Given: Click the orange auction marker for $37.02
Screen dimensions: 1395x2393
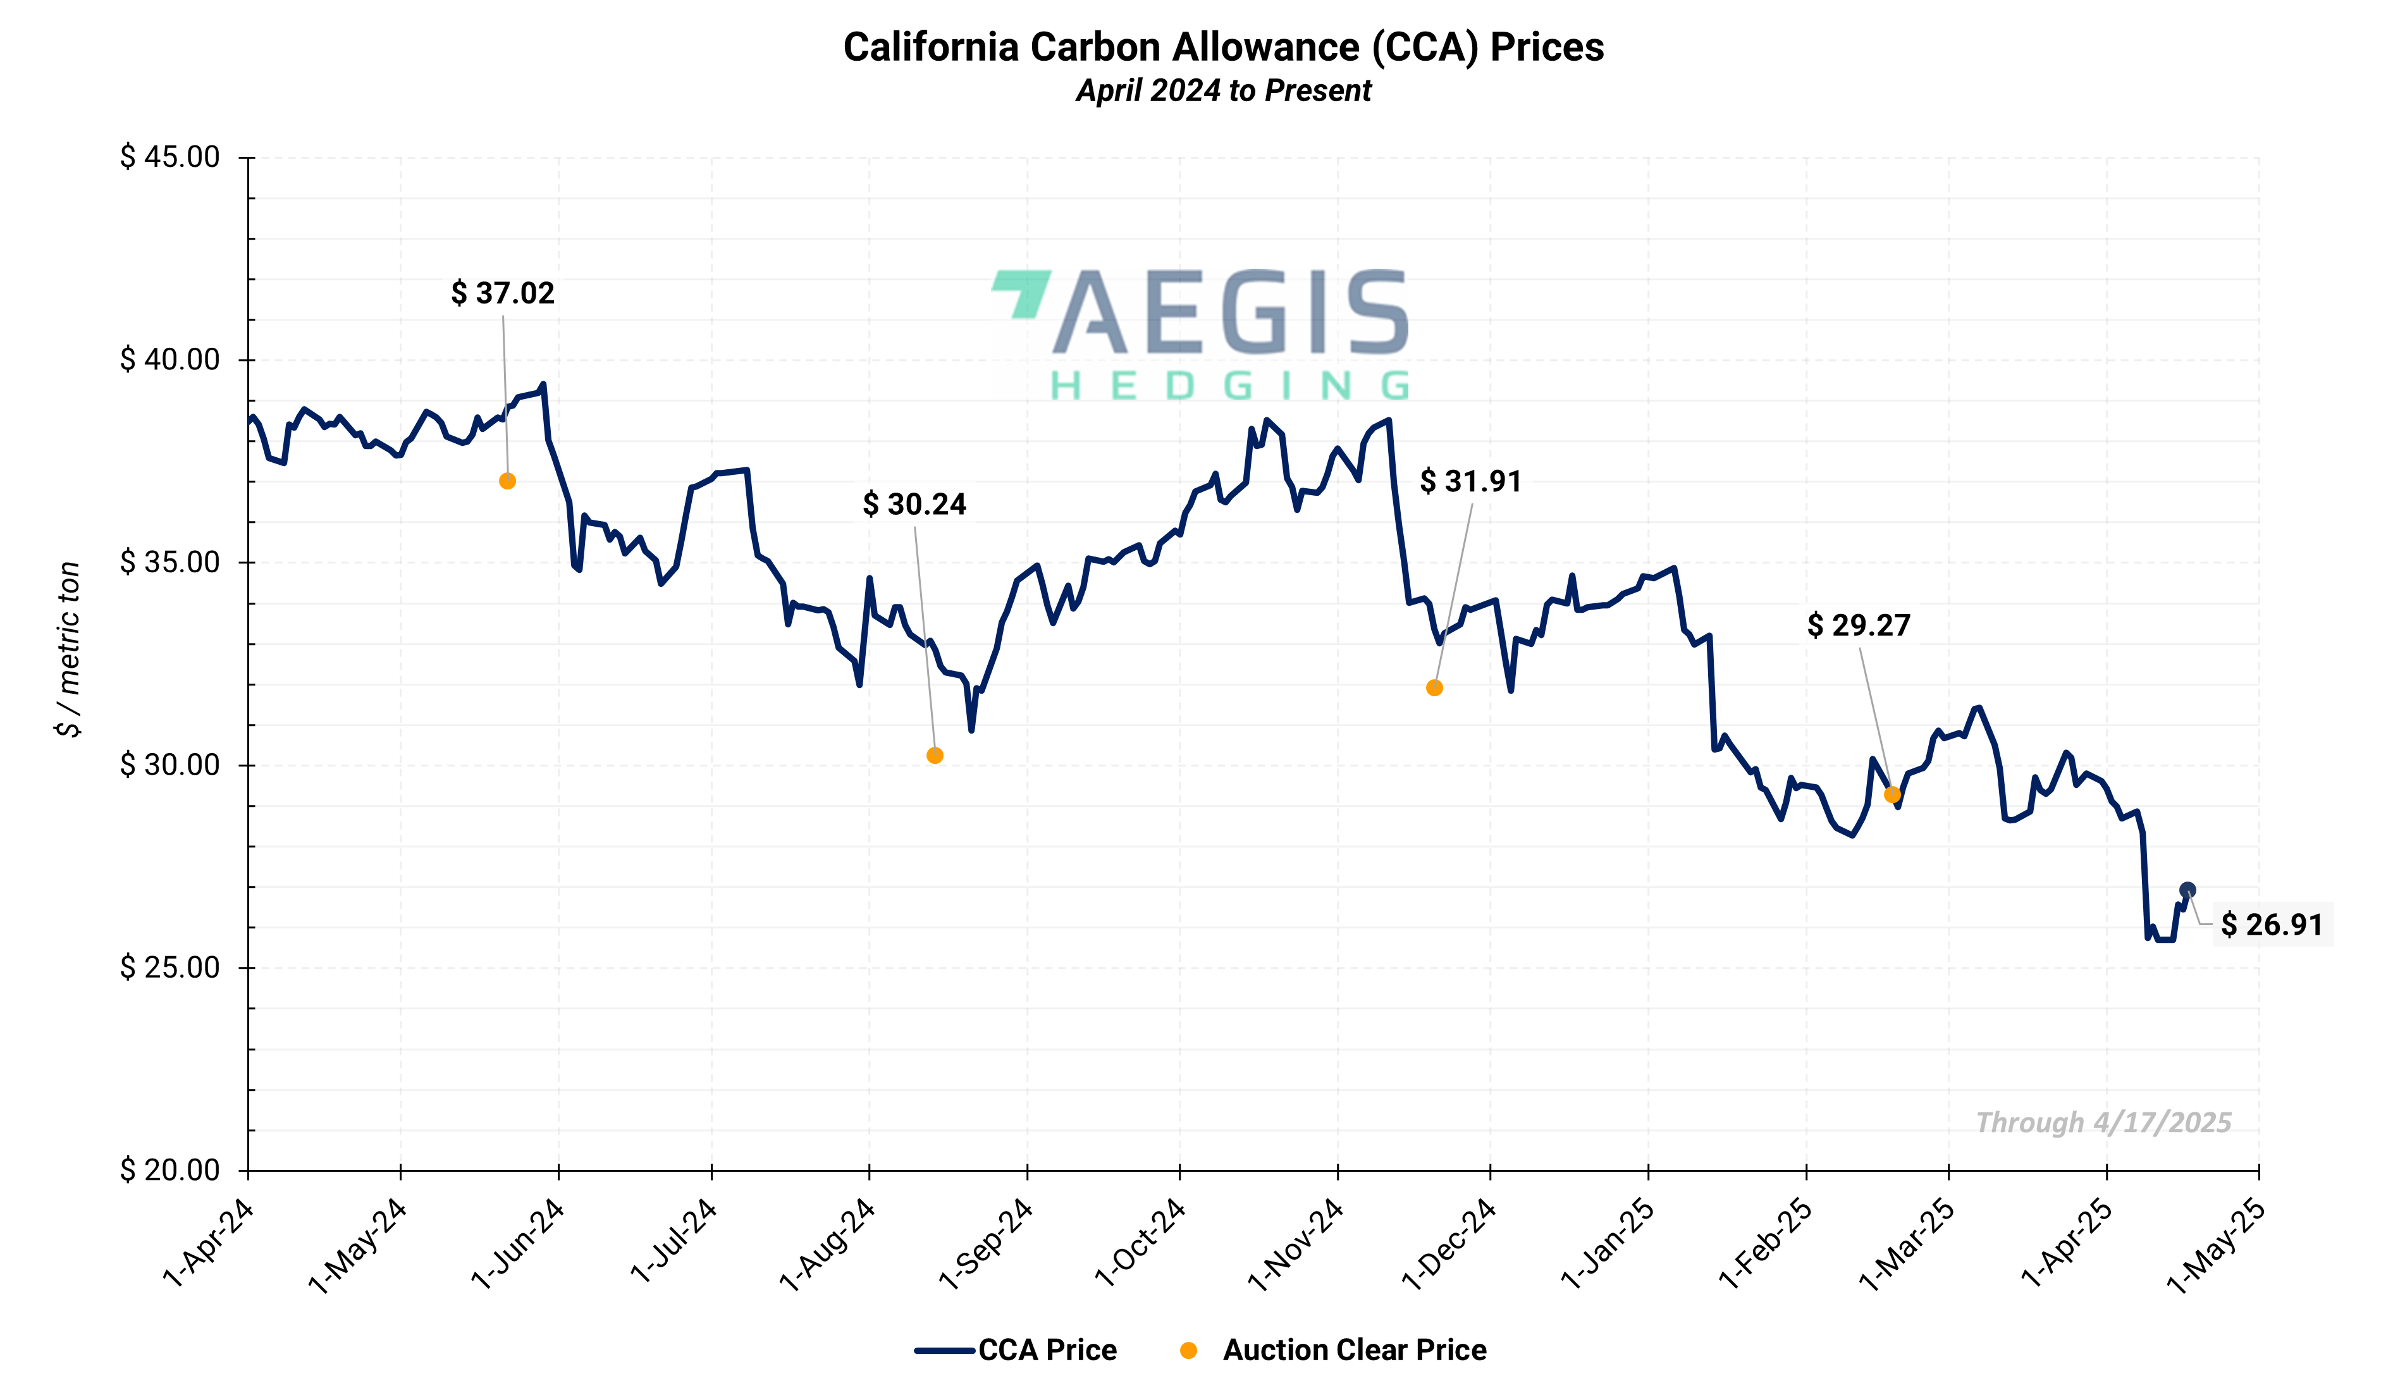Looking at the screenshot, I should coord(507,481).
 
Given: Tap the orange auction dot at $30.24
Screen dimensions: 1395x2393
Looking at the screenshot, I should coord(935,756).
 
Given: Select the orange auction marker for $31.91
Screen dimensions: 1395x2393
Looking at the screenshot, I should coord(1434,687).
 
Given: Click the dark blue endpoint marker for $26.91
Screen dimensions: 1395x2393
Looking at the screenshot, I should coord(2187,890).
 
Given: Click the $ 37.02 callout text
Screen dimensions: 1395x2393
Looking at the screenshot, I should coord(502,293).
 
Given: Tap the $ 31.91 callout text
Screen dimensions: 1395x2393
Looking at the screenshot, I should coord(1470,481).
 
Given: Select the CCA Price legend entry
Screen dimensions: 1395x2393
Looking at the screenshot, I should coord(1016,1349).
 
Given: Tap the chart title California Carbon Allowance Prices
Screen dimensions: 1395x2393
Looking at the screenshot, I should coord(1223,47).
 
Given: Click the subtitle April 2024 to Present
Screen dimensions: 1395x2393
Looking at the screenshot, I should coord(1223,91).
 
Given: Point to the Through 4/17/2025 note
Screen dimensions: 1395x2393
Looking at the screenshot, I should coord(2103,1122).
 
